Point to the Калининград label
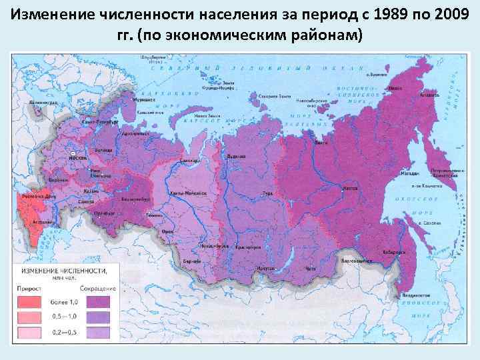(x=41, y=104)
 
